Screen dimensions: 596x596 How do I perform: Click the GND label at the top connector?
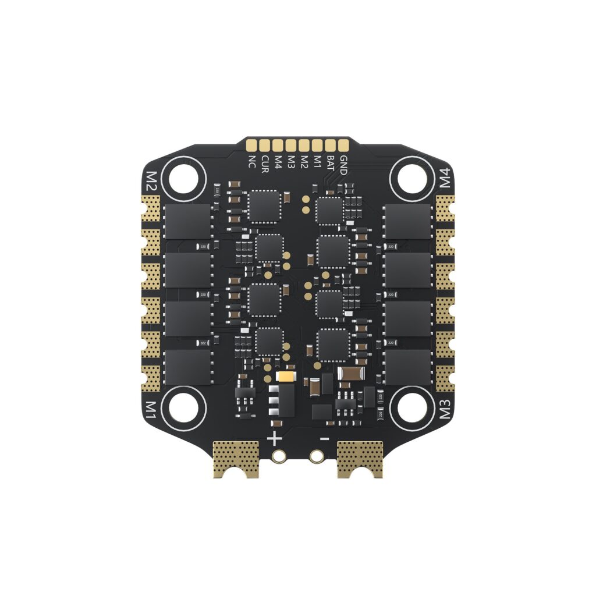[343, 165]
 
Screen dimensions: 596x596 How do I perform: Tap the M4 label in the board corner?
[445, 178]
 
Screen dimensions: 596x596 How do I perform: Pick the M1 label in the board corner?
[151, 410]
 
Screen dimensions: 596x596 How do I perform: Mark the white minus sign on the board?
[325, 438]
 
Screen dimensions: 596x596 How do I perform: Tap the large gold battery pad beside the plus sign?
[235, 458]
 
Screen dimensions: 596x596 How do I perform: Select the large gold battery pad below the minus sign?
[360, 458]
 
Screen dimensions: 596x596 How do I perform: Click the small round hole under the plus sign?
[280, 457]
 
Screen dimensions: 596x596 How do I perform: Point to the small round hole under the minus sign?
[316, 457]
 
